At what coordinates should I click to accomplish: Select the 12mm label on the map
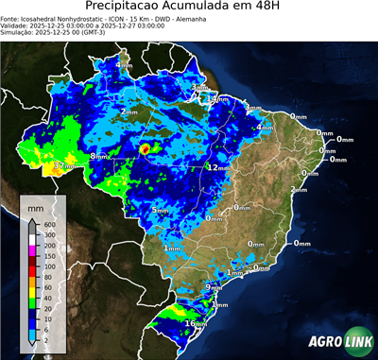coord(218,167)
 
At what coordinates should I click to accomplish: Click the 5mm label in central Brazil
coord(161,210)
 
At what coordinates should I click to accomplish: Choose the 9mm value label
coord(213,286)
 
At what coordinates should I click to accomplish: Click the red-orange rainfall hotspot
coord(145,148)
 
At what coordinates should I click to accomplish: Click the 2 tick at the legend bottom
coord(49,339)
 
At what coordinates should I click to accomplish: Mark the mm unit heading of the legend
coord(35,205)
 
